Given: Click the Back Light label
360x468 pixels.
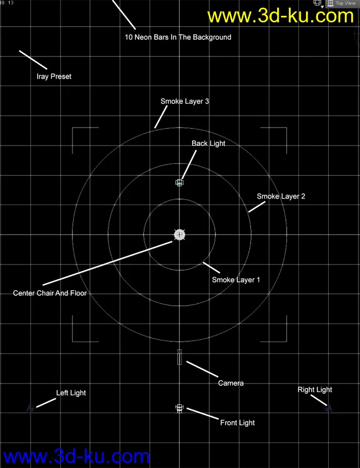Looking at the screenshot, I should coord(208,143).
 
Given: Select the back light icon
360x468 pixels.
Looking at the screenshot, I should coord(180,183).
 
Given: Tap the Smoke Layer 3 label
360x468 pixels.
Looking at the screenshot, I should coord(185,101).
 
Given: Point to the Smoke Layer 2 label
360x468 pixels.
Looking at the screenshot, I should coord(281,196).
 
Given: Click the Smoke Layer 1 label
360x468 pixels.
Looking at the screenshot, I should coord(236,280).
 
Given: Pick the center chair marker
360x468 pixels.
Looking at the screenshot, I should coord(180,235).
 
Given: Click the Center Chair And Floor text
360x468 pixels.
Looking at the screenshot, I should coord(50,293).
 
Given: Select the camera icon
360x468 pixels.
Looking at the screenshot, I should coord(179,357).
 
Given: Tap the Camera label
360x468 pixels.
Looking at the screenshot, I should coord(231,383).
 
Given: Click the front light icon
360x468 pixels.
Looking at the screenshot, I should coord(179,408).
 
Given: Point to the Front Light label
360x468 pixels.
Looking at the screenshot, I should coord(237,423).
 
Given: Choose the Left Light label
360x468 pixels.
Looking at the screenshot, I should coord(71,393).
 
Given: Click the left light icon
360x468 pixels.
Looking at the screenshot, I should coord(32,407).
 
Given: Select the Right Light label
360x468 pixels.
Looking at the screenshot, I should coord(315,389).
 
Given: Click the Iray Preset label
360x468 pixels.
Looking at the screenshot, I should coord(54,77).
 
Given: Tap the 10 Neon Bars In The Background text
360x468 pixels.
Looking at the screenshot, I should coord(178,38).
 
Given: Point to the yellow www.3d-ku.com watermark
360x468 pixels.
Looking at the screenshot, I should coord(281,16).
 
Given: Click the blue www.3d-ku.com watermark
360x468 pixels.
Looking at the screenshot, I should coord(76,456).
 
